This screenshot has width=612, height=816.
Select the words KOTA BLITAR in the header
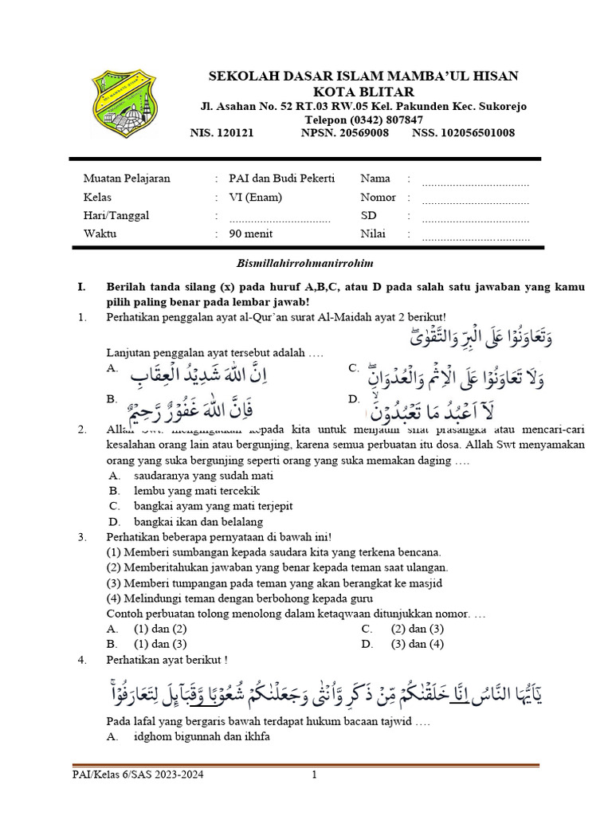tap(363, 91)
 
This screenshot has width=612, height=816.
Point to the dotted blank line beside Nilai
tap(475, 235)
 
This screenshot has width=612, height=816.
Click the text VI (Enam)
tap(255, 198)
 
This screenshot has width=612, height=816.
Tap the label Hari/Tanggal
tap(116, 215)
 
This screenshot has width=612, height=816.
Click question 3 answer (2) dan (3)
tap(417, 629)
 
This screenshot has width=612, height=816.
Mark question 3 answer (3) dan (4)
tap(417, 644)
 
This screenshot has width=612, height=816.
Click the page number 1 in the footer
tap(314, 775)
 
